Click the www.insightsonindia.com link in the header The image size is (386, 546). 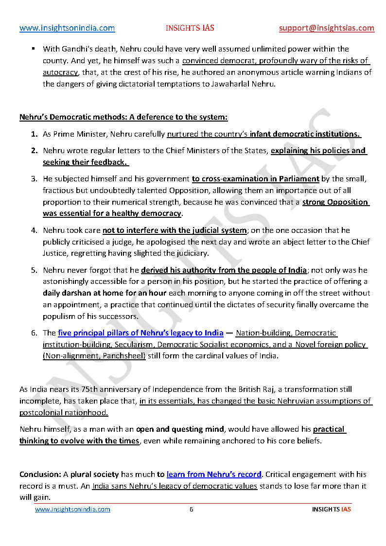click(x=67, y=28)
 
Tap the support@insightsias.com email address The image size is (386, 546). click(x=327, y=28)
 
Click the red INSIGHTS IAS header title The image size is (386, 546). click(x=190, y=28)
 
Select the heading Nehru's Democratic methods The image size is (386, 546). click(x=123, y=117)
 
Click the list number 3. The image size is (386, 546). click(x=34, y=179)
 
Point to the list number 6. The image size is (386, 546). click(x=34, y=333)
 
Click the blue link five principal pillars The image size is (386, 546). click(x=140, y=333)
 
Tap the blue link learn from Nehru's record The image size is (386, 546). click(x=214, y=474)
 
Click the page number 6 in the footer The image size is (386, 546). click(x=192, y=509)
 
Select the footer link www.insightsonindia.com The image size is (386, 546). click(x=72, y=509)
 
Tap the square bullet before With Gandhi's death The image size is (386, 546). click(x=34, y=49)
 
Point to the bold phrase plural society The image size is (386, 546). click(x=95, y=474)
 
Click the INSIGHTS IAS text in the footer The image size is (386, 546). click(x=331, y=509)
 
